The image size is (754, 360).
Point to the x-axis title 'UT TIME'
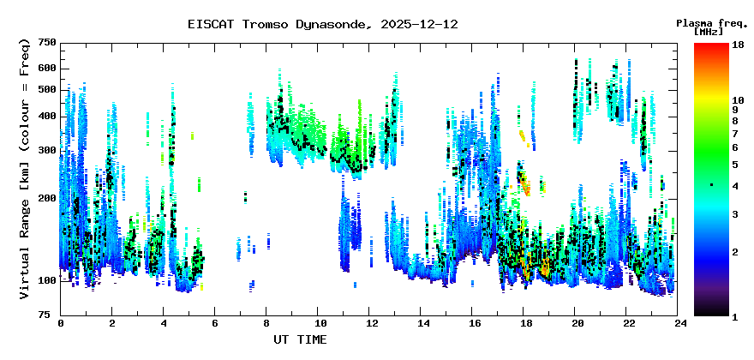(300, 339)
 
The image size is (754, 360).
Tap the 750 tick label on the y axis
(47, 43)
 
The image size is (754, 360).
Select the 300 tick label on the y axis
(47, 150)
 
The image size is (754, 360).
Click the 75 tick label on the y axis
(50, 315)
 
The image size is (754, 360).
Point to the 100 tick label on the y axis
(47, 280)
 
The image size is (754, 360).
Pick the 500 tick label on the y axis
(47, 90)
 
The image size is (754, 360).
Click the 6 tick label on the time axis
(216, 324)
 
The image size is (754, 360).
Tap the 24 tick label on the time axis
(679, 324)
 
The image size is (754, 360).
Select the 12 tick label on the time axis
(371, 324)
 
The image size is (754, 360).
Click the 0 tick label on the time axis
(61, 324)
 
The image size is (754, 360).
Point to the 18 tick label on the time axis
(525, 324)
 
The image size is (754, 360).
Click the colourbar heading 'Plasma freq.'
(711, 22)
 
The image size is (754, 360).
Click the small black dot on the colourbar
(711, 185)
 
